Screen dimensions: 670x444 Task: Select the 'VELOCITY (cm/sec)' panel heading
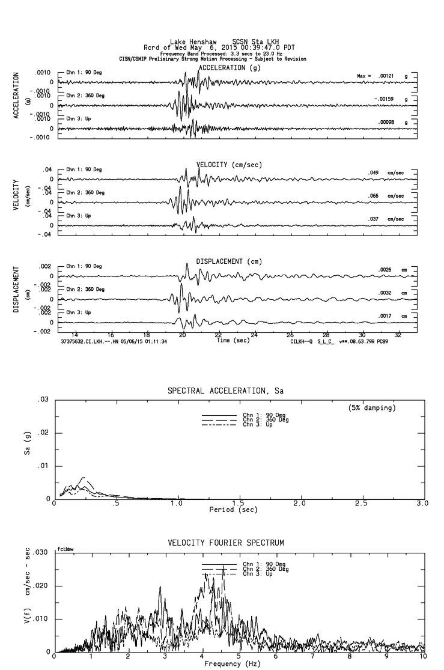point(229,165)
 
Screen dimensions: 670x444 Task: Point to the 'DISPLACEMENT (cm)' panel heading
point(229,261)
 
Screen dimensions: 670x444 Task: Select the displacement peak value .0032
point(385,293)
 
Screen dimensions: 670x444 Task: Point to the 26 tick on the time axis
point(290,334)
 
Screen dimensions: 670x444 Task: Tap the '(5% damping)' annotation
point(371,407)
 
